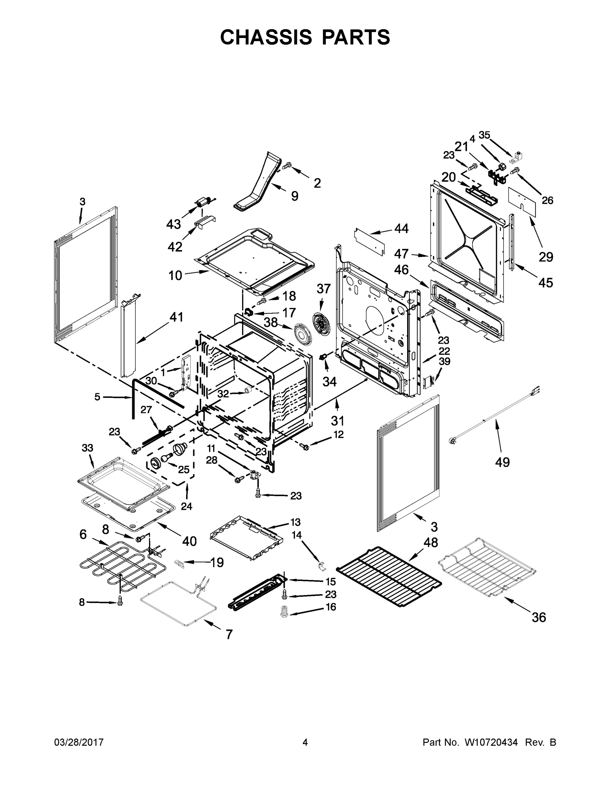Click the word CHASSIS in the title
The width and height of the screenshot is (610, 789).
tap(266, 37)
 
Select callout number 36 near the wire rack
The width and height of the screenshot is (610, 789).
tap(538, 617)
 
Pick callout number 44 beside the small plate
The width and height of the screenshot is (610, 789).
tap(402, 228)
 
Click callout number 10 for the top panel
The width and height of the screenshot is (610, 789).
tap(175, 275)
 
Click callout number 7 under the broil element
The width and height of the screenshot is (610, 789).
tap(229, 634)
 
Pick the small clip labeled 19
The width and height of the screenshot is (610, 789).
tap(180, 563)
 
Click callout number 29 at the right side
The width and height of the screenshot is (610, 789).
tap(546, 257)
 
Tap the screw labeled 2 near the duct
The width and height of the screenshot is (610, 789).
tap(286, 166)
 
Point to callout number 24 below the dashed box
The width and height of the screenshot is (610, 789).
tap(186, 506)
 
